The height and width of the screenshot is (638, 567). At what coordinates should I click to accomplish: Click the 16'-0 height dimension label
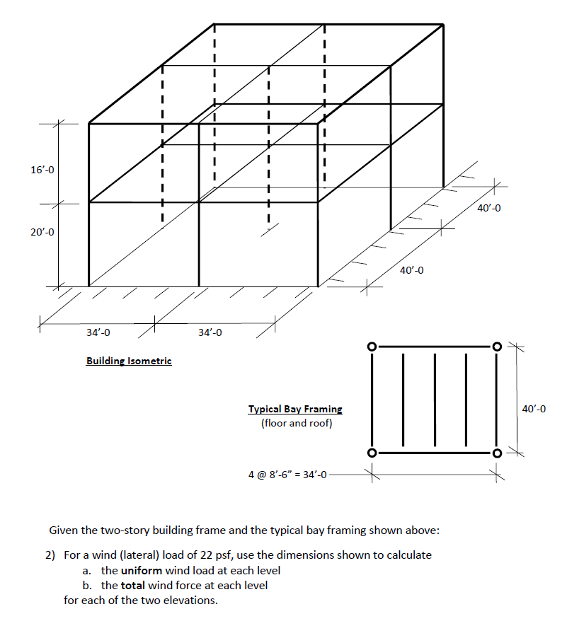(x=42, y=170)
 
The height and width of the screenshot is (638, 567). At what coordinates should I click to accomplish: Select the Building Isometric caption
(x=129, y=361)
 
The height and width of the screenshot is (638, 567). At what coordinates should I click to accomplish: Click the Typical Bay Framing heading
(x=295, y=409)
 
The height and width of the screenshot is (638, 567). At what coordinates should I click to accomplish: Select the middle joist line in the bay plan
(x=435, y=400)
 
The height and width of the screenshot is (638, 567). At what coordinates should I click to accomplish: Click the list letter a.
(x=86, y=570)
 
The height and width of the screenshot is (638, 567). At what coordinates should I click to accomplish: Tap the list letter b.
(x=86, y=585)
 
